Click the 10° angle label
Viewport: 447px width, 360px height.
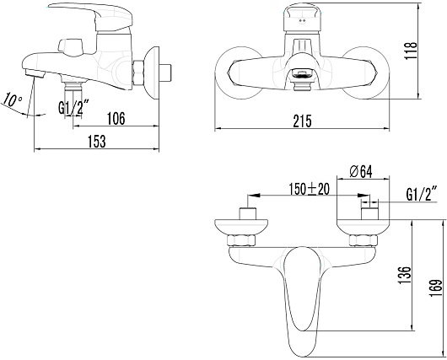tap(13, 101)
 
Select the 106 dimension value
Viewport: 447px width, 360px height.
tap(116, 119)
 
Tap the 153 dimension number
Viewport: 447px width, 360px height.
tap(97, 142)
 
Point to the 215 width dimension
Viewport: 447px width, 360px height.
tap(302, 121)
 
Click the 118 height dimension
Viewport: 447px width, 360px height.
tap(411, 51)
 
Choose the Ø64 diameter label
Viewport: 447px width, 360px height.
tap(361, 172)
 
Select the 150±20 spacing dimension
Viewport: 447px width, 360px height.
tap(310, 189)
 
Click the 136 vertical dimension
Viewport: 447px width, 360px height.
tap(404, 275)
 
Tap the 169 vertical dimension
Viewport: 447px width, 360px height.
tap(435, 288)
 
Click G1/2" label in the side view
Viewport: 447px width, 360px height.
tap(71, 108)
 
